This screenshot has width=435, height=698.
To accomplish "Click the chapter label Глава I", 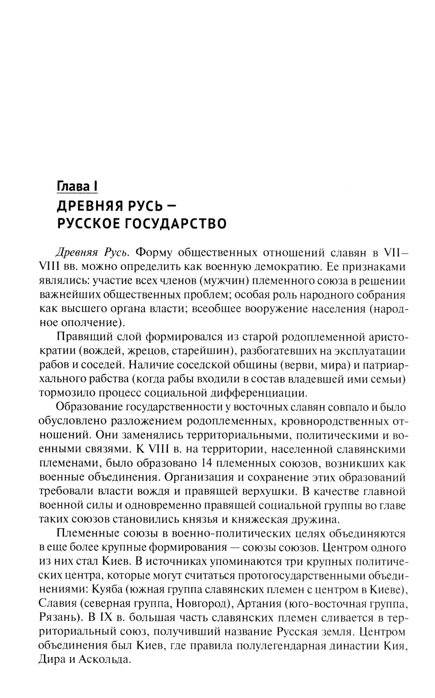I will (77, 186).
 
